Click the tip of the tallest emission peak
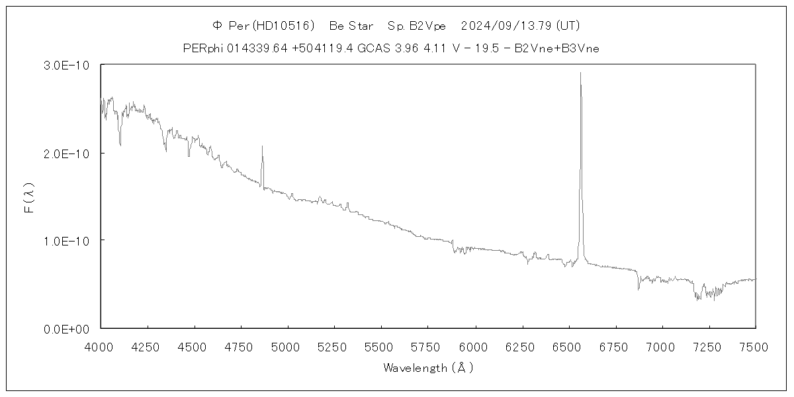click(580, 73)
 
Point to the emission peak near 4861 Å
click(262, 146)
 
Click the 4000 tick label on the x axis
click(101, 345)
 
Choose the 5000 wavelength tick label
click(288, 345)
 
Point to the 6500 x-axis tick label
click(568, 345)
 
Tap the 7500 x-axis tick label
click(755, 345)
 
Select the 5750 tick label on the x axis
click(428, 345)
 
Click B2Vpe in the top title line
click(427, 26)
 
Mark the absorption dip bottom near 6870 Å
click(639, 289)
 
